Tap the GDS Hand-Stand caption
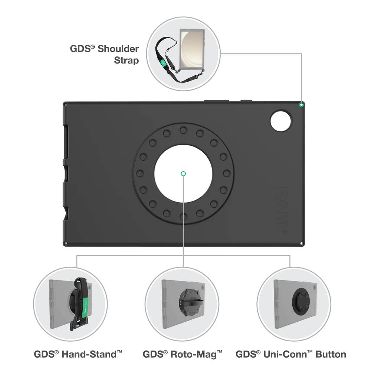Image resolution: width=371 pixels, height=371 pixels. pyautogui.click(x=78, y=354)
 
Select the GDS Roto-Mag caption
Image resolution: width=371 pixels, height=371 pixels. pyautogui.click(x=183, y=354)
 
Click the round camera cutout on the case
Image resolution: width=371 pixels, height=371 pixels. pyautogui.click(x=281, y=120)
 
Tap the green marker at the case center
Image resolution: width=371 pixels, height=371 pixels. pyautogui.click(x=183, y=173)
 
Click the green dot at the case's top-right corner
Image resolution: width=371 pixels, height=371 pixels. pyautogui.click(x=302, y=105)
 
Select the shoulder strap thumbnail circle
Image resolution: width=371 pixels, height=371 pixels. pyautogui.click(x=183, y=54)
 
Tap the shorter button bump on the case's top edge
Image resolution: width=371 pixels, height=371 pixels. pyautogui.click(x=246, y=101)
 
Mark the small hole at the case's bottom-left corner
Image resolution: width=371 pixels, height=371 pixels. pyautogui.click(x=66, y=244)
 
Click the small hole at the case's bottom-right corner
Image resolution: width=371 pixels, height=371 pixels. pyautogui.click(x=301, y=244)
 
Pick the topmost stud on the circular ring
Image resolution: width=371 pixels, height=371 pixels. pyautogui.click(x=183, y=130)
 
